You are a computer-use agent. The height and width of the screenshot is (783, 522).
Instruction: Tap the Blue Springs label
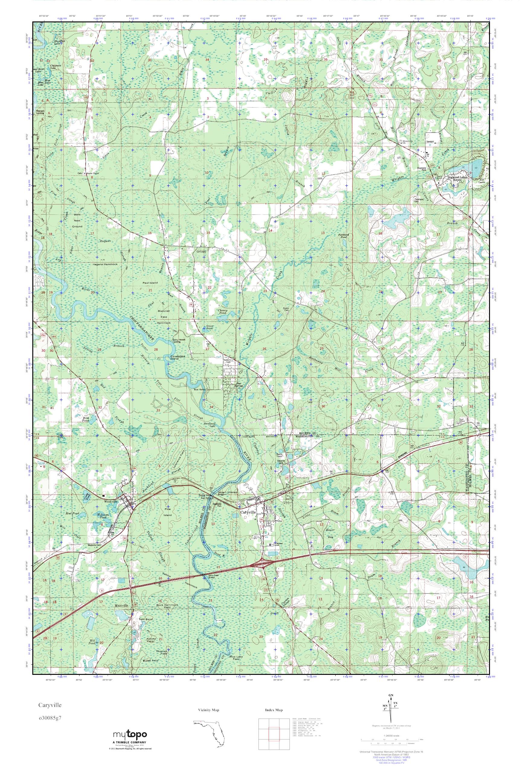click(x=238, y=384)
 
